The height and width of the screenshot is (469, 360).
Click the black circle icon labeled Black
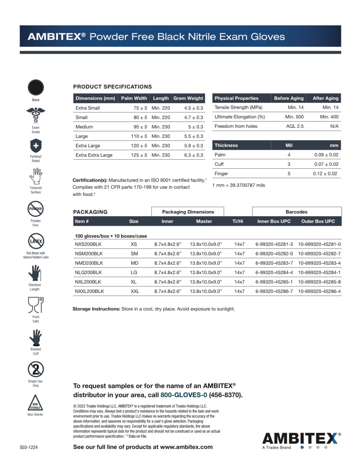pyautogui.click(x=36, y=88)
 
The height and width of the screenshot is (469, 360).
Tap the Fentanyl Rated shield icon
pyautogui.click(x=36, y=146)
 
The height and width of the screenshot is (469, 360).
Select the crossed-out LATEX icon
pyautogui.click(x=36, y=241)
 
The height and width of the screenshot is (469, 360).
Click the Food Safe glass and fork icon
pyautogui.click(x=36, y=305)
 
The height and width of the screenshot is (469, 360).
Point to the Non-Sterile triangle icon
pyautogui.click(x=35, y=403)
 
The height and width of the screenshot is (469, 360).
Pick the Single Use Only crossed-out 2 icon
pyautogui.click(x=36, y=369)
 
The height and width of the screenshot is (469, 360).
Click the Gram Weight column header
pyautogui.click(x=188, y=98)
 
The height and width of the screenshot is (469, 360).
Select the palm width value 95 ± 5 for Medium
pyautogui.click(x=140, y=127)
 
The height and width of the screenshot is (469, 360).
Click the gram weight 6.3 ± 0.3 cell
pyautogui.click(x=193, y=155)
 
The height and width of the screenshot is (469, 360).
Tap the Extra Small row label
pyautogui.click(x=88, y=108)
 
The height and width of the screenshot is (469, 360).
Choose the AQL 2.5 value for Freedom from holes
pyautogui.click(x=295, y=126)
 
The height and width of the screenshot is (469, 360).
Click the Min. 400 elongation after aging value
pyautogui.click(x=329, y=117)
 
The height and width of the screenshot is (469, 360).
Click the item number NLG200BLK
pyautogui.click(x=88, y=272)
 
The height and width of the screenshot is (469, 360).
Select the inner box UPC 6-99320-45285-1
pyautogui.click(x=274, y=282)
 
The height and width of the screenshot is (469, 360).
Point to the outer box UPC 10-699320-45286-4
pyautogui.click(x=319, y=291)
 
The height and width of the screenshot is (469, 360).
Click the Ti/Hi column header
pyautogui.click(x=238, y=221)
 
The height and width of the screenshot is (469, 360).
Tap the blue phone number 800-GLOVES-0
pyautogui.click(x=184, y=395)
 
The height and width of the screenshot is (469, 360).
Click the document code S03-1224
pyautogui.click(x=29, y=447)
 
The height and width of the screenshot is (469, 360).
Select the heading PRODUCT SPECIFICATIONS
pyautogui.click(x=112, y=87)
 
